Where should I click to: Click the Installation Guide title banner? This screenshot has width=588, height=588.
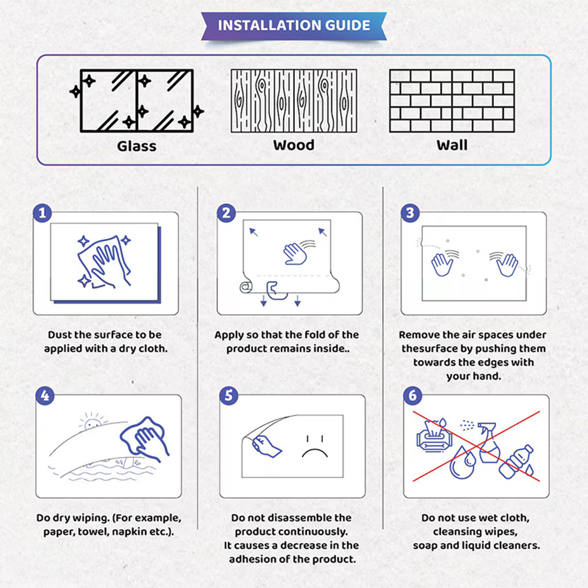[x=294, y=26]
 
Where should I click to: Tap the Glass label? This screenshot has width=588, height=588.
[x=137, y=146]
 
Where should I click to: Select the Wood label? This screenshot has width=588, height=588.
[x=294, y=145]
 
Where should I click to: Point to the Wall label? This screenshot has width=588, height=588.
[x=452, y=145]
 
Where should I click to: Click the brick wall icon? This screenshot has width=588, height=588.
[x=452, y=101]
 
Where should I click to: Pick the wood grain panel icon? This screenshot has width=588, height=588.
[x=294, y=101]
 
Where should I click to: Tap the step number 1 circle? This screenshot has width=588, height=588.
[x=42, y=213]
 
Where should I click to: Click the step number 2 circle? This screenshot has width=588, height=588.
[x=226, y=213]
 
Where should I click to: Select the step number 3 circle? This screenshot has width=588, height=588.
[x=410, y=213]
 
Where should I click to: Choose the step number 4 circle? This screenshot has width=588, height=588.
[x=45, y=395]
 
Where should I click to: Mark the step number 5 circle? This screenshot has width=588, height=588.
[x=229, y=395]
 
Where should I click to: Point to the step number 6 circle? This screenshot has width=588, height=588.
[x=413, y=395]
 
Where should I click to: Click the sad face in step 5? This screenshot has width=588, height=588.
[x=315, y=447]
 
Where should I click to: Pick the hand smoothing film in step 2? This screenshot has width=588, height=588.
[x=295, y=253]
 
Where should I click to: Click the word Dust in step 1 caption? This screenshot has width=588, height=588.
[x=60, y=335]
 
